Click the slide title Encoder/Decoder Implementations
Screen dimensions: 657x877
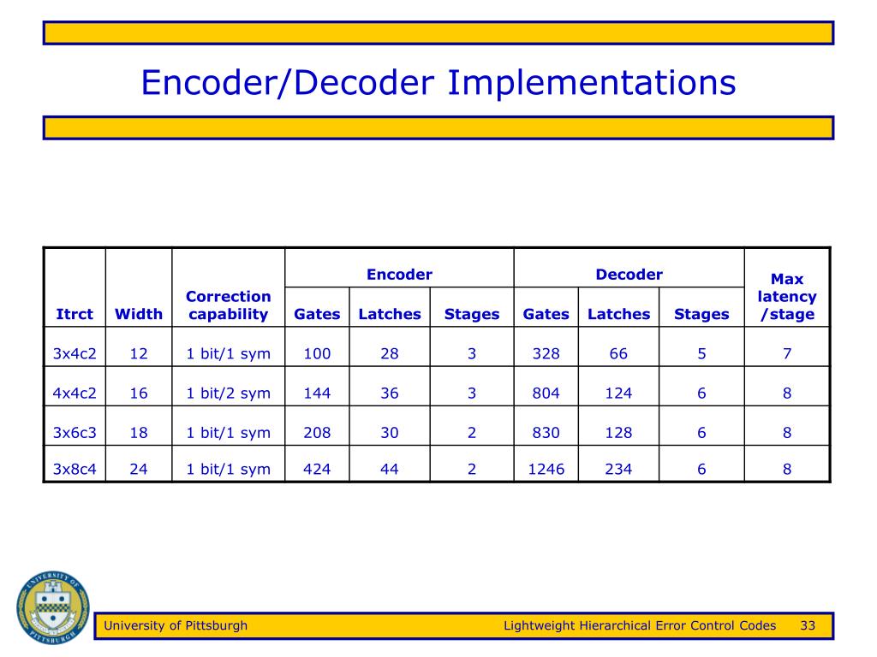(438, 84)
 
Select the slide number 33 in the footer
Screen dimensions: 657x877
(808, 625)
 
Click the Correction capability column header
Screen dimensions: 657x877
(228, 305)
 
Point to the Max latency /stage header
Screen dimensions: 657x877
(787, 297)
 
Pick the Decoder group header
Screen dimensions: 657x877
(629, 275)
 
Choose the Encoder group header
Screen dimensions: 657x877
(399, 275)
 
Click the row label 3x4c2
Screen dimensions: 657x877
(75, 354)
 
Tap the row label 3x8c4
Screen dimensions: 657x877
(75, 469)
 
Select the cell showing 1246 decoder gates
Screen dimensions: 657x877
(546, 469)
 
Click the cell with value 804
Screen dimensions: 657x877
(546, 394)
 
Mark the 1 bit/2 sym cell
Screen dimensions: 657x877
(228, 394)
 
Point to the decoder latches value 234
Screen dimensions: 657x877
(618, 469)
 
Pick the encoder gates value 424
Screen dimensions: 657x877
(317, 469)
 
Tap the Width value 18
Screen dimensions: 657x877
(139, 433)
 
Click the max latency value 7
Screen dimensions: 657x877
(787, 354)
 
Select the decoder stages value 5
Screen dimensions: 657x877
(701, 354)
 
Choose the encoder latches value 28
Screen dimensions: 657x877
(390, 354)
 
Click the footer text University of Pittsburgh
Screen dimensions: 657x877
(176, 625)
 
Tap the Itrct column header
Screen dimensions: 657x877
(75, 314)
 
